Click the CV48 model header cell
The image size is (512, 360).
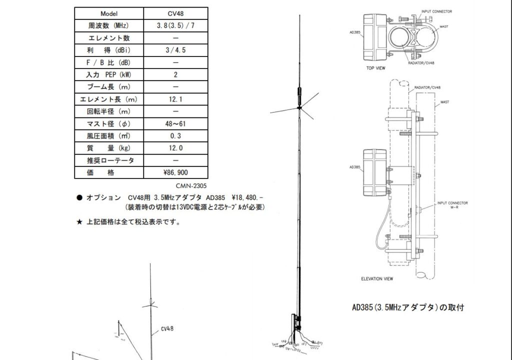[x=175, y=13]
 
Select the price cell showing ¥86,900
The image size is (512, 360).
[x=175, y=172]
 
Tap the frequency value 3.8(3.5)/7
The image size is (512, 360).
[x=175, y=25]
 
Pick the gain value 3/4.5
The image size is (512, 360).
[x=175, y=50]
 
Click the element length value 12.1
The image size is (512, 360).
[x=175, y=99]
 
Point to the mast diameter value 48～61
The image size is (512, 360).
[x=175, y=123]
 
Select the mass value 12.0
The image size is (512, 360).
[x=175, y=148]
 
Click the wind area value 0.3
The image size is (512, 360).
[x=175, y=135]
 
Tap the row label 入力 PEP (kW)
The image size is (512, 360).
[x=108, y=74]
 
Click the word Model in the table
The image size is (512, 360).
[x=109, y=13]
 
